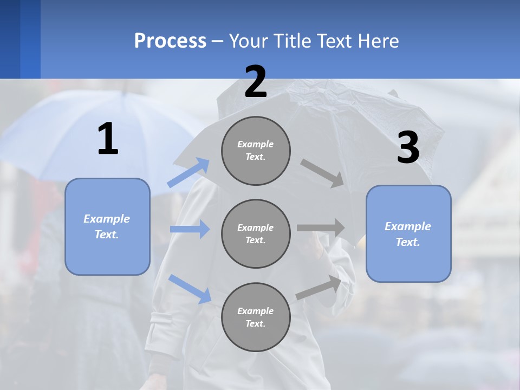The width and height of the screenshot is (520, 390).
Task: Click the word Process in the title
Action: pos(170,41)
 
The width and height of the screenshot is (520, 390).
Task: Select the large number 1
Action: pos(108,139)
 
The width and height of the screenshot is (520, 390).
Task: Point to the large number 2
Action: pos(256,82)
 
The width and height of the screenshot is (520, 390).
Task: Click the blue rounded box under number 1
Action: pos(107,226)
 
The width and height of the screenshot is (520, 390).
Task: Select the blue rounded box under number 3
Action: pos(408,233)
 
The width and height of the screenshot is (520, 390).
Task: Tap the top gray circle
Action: pos(256,151)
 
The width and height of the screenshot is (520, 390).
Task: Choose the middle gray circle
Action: pos(256,233)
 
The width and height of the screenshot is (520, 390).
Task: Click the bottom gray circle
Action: pos(256,317)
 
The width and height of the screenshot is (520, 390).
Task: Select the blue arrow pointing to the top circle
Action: pos(188,172)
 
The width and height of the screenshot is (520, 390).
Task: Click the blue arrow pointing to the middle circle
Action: pos(190,229)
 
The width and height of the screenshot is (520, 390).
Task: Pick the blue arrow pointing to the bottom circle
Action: pos(190,289)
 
